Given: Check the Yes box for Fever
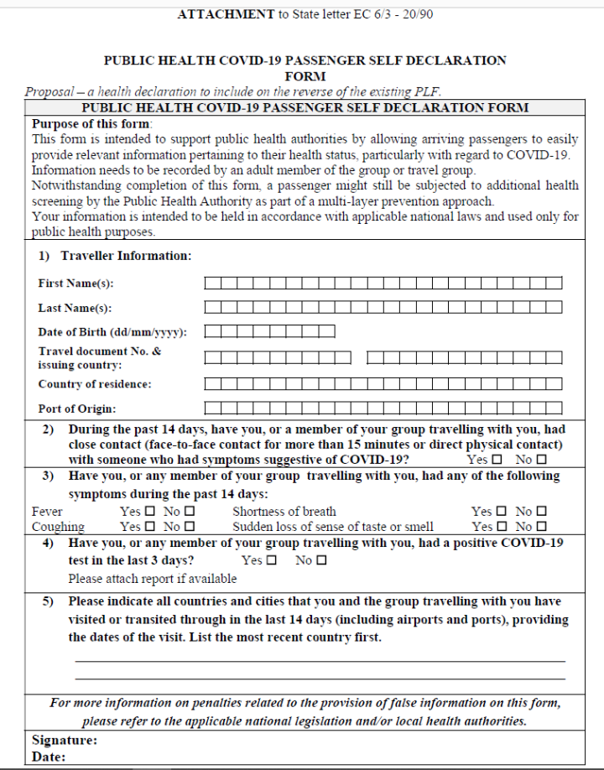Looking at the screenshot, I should click(150, 511).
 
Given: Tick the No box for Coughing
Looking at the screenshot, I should click(190, 527).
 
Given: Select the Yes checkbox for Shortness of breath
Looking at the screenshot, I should click(501, 511).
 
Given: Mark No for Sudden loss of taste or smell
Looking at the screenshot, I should click(541, 527).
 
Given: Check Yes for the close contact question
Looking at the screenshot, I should click(497, 460).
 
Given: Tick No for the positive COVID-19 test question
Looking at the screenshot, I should click(321, 560).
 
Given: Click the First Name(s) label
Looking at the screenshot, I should click(75, 284).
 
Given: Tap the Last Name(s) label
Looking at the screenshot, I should click(75, 309).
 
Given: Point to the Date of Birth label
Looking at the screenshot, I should click(112, 332).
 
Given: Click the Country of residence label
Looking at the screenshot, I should click(95, 384).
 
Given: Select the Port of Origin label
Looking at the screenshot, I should click(76, 409).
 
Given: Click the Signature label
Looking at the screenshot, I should click(65, 741).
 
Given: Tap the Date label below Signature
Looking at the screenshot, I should click(49, 757).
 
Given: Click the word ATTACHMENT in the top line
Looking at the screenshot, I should click(226, 14).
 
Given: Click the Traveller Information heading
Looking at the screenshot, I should click(126, 256).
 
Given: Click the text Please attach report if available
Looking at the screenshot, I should click(153, 578).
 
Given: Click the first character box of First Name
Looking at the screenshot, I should click(212, 284).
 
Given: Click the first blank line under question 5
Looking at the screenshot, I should click(320, 662).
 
